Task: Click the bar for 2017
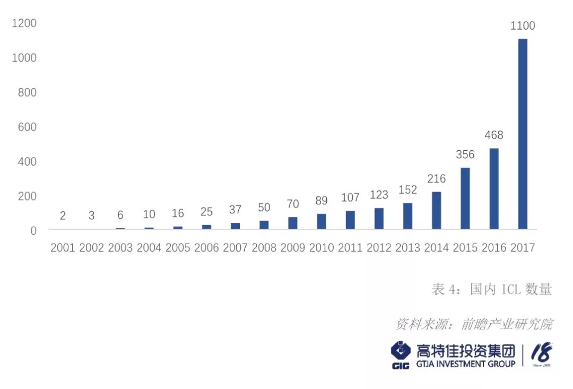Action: click(x=523, y=134)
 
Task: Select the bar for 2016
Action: click(x=494, y=188)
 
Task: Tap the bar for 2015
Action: click(x=465, y=198)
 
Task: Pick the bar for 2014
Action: click(x=437, y=210)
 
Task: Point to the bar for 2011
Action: click(x=350, y=220)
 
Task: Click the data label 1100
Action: click(x=523, y=25)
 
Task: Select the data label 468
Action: click(x=494, y=135)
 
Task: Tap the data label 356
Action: click(x=465, y=154)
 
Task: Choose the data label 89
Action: click(x=321, y=201)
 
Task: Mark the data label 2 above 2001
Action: click(x=63, y=215)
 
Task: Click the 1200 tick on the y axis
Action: click(x=24, y=23)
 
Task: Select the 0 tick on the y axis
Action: click(x=33, y=231)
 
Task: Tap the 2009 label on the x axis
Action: click(x=293, y=248)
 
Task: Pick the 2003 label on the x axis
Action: click(x=120, y=248)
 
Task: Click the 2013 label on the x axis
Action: click(x=407, y=248)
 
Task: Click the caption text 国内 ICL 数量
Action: click(x=511, y=289)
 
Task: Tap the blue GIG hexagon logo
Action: click(x=401, y=352)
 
